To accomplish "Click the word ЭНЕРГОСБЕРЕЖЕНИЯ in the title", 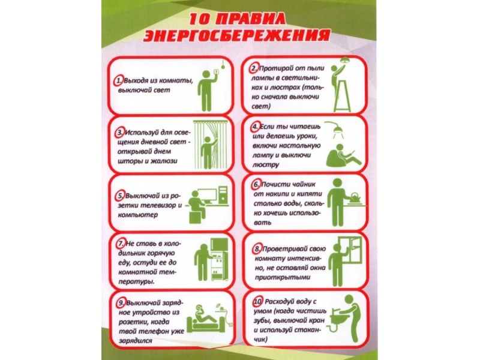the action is pos(236,35).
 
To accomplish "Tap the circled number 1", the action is pos(118,81).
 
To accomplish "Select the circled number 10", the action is pos(257,302).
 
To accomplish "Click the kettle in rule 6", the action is pos(355,198).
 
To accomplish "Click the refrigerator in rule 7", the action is pos(219,259).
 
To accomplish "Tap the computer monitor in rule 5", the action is pos(207,196).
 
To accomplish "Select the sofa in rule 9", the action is pos(206,325).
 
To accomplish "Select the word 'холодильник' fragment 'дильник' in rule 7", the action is pos(132,253).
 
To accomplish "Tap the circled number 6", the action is pos(257,185).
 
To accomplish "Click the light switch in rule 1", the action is pos(216,72).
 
